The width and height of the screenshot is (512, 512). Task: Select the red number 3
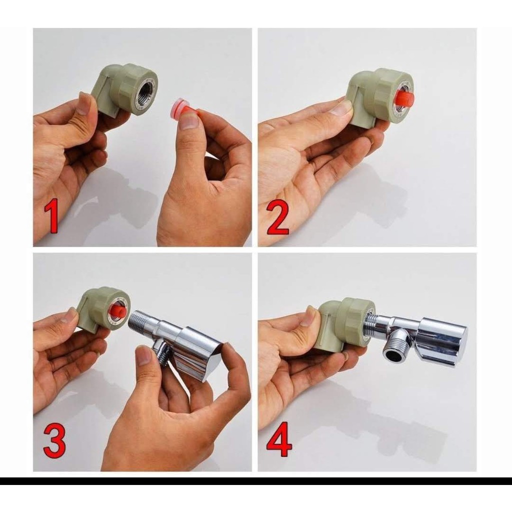click(x=54, y=441)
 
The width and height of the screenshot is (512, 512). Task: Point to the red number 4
click(x=279, y=439)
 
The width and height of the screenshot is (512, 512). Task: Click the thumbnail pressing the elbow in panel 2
click(x=340, y=107)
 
